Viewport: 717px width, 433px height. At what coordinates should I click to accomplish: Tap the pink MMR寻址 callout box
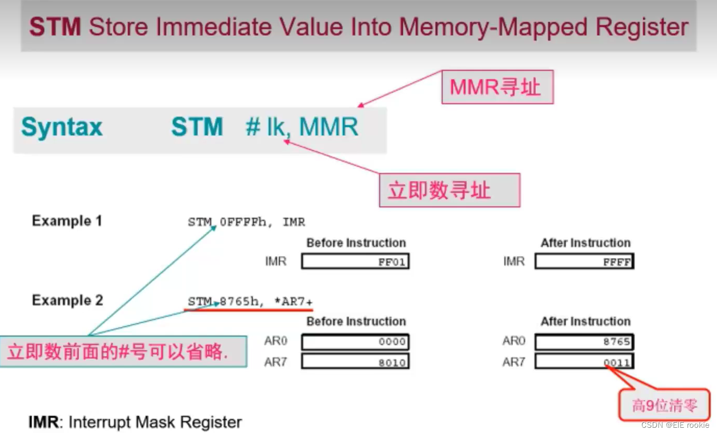tap(497, 88)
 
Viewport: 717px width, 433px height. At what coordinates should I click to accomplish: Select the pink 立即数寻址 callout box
tap(449, 190)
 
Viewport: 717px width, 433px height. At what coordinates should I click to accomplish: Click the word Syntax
tap(62, 127)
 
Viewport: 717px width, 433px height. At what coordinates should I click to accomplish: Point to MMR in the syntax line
tap(329, 127)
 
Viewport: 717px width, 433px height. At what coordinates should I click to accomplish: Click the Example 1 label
tap(67, 221)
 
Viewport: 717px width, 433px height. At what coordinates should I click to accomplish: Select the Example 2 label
tap(67, 300)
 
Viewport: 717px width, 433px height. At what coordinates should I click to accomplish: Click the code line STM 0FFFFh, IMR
tap(246, 222)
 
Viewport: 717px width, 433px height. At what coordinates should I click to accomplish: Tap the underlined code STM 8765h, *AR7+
tap(250, 302)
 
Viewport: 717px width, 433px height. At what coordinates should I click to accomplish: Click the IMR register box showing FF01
tap(355, 262)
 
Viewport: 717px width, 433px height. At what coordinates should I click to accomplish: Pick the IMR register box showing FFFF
tap(584, 262)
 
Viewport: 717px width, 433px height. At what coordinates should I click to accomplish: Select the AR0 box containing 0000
tap(355, 342)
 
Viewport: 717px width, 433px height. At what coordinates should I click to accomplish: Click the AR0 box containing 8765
tap(584, 342)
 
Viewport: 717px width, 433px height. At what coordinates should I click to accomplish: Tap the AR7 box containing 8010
tap(355, 362)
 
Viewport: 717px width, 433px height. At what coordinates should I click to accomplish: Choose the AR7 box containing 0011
tap(584, 362)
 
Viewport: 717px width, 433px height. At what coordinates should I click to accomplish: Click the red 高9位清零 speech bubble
tap(664, 405)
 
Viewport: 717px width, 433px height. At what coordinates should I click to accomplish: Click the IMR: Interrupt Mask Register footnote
tap(135, 422)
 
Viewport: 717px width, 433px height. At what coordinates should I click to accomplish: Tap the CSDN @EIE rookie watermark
tap(675, 425)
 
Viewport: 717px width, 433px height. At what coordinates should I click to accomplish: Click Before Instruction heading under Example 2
tap(356, 321)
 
